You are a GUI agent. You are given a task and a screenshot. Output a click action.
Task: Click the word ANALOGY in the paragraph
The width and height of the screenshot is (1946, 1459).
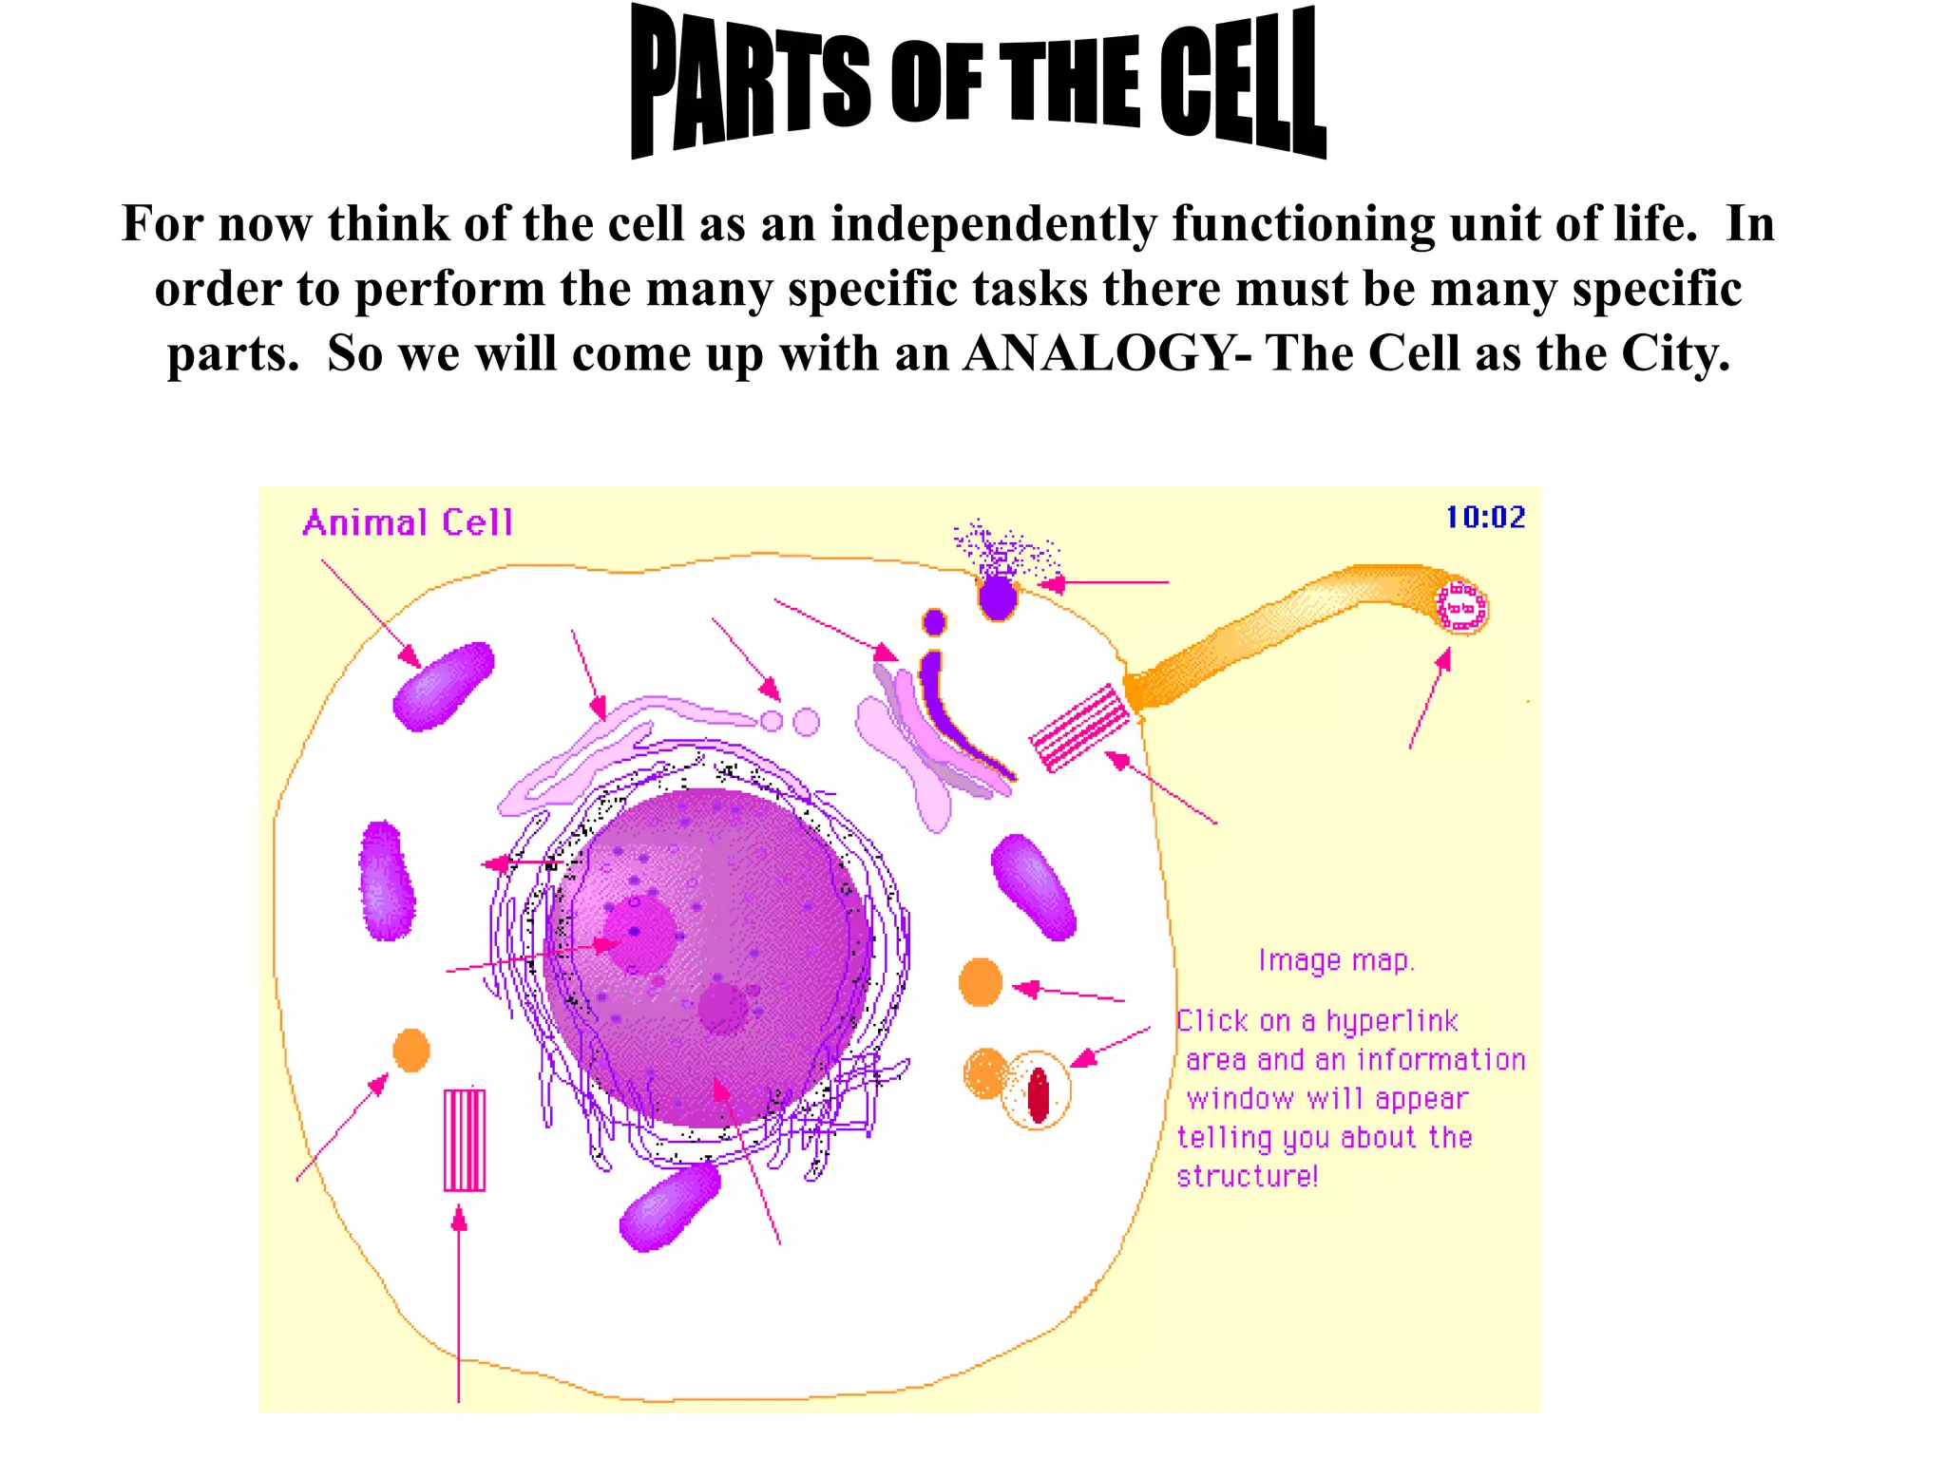(1097, 353)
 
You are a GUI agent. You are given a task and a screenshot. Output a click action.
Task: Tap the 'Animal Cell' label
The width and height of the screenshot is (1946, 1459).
(408, 523)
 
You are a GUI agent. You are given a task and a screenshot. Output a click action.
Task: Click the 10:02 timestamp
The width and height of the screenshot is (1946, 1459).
(1485, 518)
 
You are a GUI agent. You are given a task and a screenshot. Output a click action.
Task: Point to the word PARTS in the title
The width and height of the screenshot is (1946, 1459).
(751, 85)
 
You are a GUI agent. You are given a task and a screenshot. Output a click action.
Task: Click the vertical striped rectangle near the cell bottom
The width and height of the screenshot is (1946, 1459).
(465, 1139)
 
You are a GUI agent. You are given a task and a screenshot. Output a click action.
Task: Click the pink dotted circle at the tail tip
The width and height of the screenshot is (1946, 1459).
(1461, 606)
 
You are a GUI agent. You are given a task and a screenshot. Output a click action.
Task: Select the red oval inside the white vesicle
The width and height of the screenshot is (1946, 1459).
(1038, 1095)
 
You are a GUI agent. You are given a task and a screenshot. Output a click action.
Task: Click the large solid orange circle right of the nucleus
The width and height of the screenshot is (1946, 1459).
(981, 981)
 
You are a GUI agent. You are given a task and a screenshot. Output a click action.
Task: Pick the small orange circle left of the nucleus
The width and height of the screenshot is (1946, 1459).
(411, 1050)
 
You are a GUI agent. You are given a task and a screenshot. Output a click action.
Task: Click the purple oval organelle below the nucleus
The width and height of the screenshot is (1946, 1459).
(669, 1206)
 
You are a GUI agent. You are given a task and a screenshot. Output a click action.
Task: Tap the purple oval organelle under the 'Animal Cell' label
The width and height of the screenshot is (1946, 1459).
(444, 686)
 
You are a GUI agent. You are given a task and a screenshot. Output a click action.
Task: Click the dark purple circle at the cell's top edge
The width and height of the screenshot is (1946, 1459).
(997, 597)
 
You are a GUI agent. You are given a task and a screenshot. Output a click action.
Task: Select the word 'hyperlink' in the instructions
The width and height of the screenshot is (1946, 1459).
(1392, 1021)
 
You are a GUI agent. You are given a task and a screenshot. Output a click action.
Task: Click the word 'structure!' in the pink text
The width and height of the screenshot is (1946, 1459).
(1248, 1176)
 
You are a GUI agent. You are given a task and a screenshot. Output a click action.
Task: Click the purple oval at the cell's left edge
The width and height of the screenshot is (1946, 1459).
(387, 881)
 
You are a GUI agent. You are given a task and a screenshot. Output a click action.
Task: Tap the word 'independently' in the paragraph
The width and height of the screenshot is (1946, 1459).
(993, 224)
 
